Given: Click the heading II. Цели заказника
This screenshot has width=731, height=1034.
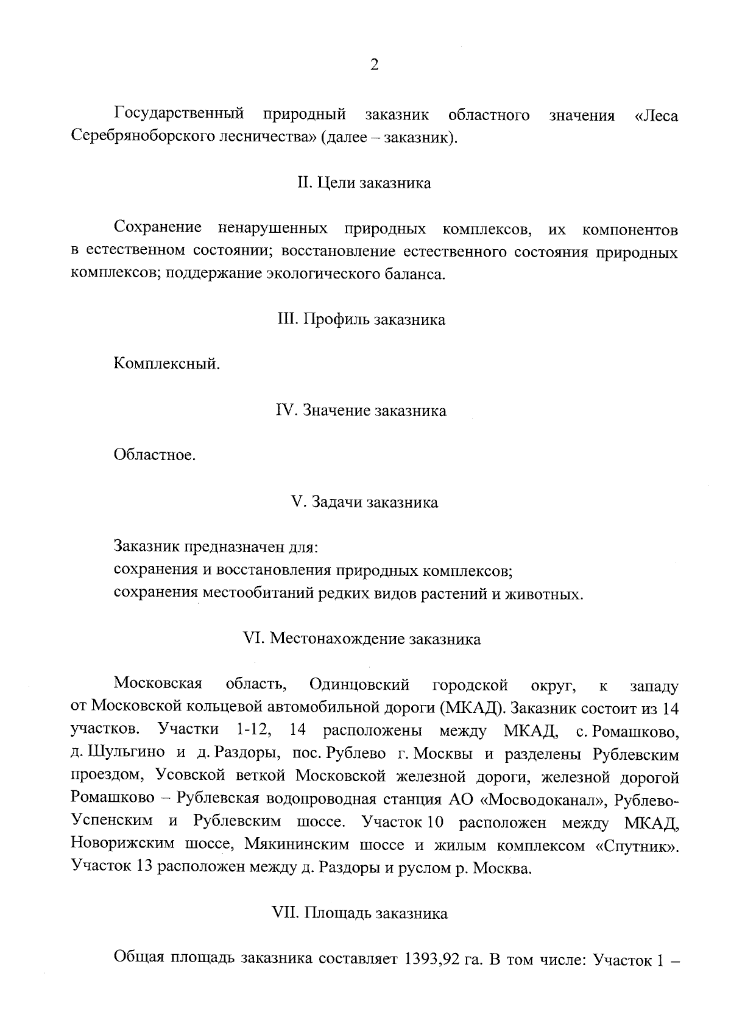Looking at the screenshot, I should click(x=364, y=183).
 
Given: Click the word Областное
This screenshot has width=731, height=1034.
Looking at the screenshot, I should click(x=155, y=455).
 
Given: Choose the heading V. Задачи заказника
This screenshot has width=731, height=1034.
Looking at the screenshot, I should click(x=364, y=502).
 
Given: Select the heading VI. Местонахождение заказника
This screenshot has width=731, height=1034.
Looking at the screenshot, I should click(x=362, y=639).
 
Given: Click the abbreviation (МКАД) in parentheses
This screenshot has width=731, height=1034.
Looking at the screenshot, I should click(x=472, y=707).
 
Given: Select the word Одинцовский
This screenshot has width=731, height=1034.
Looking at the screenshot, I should click(x=359, y=685).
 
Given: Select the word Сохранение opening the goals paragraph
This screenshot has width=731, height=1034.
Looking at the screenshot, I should click(x=158, y=228).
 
